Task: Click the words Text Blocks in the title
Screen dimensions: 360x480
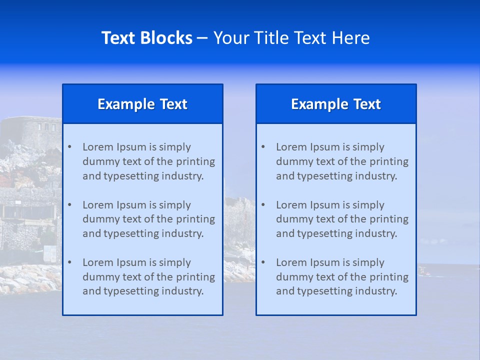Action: click(146, 38)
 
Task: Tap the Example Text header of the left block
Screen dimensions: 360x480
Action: click(142, 104)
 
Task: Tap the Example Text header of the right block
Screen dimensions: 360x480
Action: click(336, 104)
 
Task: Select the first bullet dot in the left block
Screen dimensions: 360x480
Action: click(69, 147)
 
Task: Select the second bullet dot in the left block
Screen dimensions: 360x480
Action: click(69, 205)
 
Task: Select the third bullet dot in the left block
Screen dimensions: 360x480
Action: click(69, 262)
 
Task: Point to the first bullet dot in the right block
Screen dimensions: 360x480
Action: click(263, 147)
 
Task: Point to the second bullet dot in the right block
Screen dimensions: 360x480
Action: click(263, 205)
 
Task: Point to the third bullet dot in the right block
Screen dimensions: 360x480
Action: click(263, 262)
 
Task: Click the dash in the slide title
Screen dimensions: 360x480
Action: click(202, 38)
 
